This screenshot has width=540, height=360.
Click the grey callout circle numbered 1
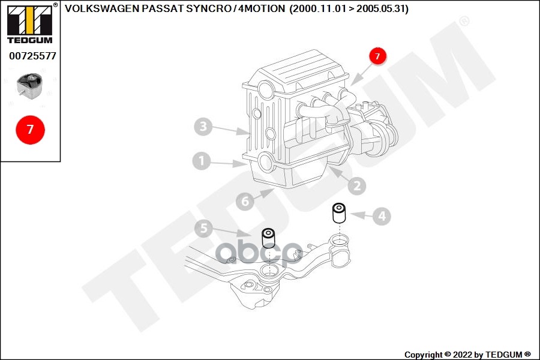click(202, 161)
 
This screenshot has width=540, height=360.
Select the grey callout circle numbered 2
click(356, 186)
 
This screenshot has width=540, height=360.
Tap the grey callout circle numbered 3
click(203, 127)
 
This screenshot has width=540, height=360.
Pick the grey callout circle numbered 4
click(382, 216)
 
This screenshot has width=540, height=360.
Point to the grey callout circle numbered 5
click(203, 228)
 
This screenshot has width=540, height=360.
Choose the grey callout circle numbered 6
click(245, 202)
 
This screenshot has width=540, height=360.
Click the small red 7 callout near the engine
click(377, 56)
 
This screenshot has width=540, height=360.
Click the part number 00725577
click(32, 56)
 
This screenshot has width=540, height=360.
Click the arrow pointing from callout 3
click(230, 130)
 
